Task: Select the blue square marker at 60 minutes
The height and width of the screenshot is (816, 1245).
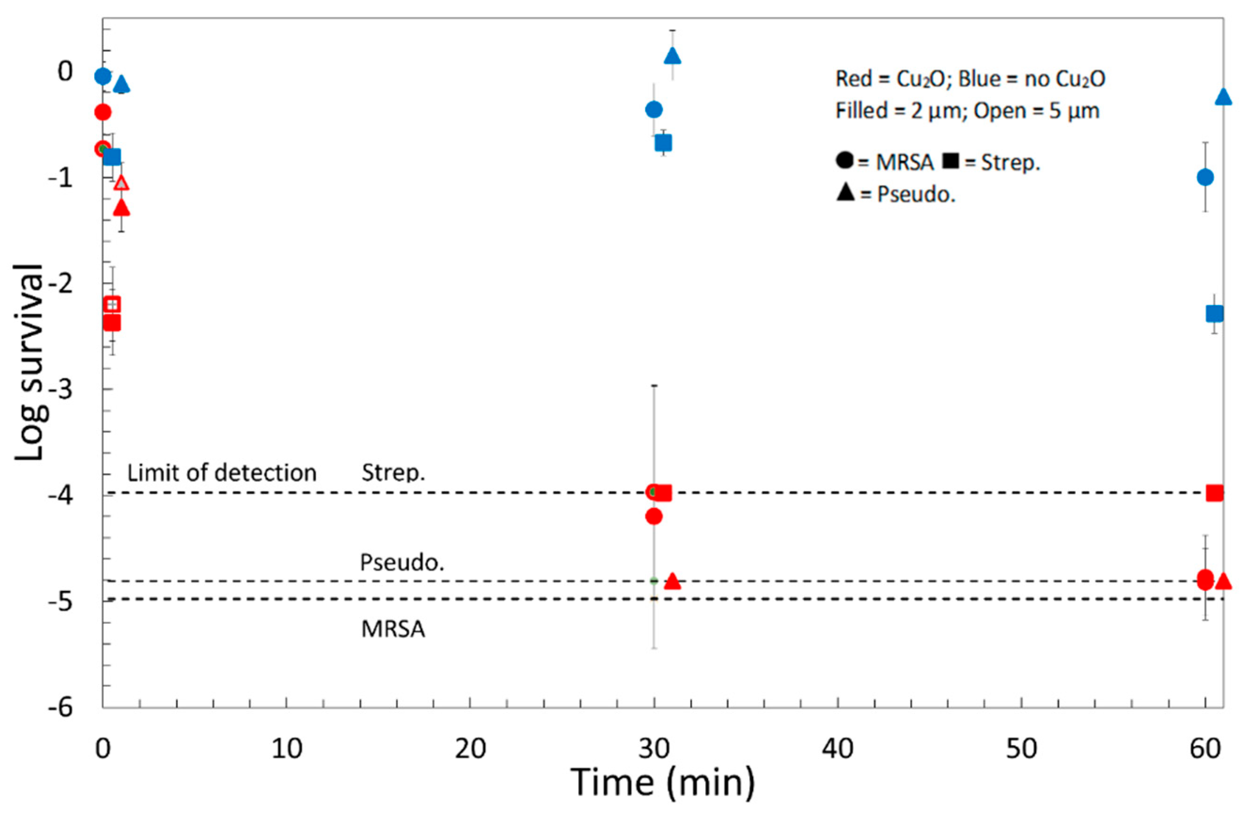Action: pyautogui.click(x=1214, y=314)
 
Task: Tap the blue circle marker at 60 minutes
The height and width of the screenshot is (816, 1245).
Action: pyautogui.click(x=1205, y=178)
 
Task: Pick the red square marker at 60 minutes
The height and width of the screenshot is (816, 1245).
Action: pyautogui.click(x=1214, y=493)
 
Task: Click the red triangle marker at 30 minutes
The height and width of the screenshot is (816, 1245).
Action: pyautogui.click(x=672, y=581)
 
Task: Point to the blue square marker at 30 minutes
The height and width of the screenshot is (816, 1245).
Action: pyautogui.click(x=663, y=143)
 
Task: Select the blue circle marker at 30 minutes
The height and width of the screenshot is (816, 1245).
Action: pyautogui.click(x=654, y=110)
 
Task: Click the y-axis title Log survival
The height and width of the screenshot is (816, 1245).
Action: pyautogui.click(x=29, y=362)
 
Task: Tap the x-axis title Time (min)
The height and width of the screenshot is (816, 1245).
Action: pyautogui.click(x=662, y=783)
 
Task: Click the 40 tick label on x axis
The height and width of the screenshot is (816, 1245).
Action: pyautogui.click(x=838, y=748)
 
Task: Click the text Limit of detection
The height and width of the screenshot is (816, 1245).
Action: pyautogui.click(x=222, y=473)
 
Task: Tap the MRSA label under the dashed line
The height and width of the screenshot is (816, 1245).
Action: pyautogui.click(x=393, y=629)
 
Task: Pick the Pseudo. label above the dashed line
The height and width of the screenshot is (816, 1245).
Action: pyautogui.click(x=402, y=563)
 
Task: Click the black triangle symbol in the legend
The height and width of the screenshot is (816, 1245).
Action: pyautogui.click(x=846, y=193)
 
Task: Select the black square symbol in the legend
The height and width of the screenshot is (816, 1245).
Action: pyautogui.click(x=950, y=161)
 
